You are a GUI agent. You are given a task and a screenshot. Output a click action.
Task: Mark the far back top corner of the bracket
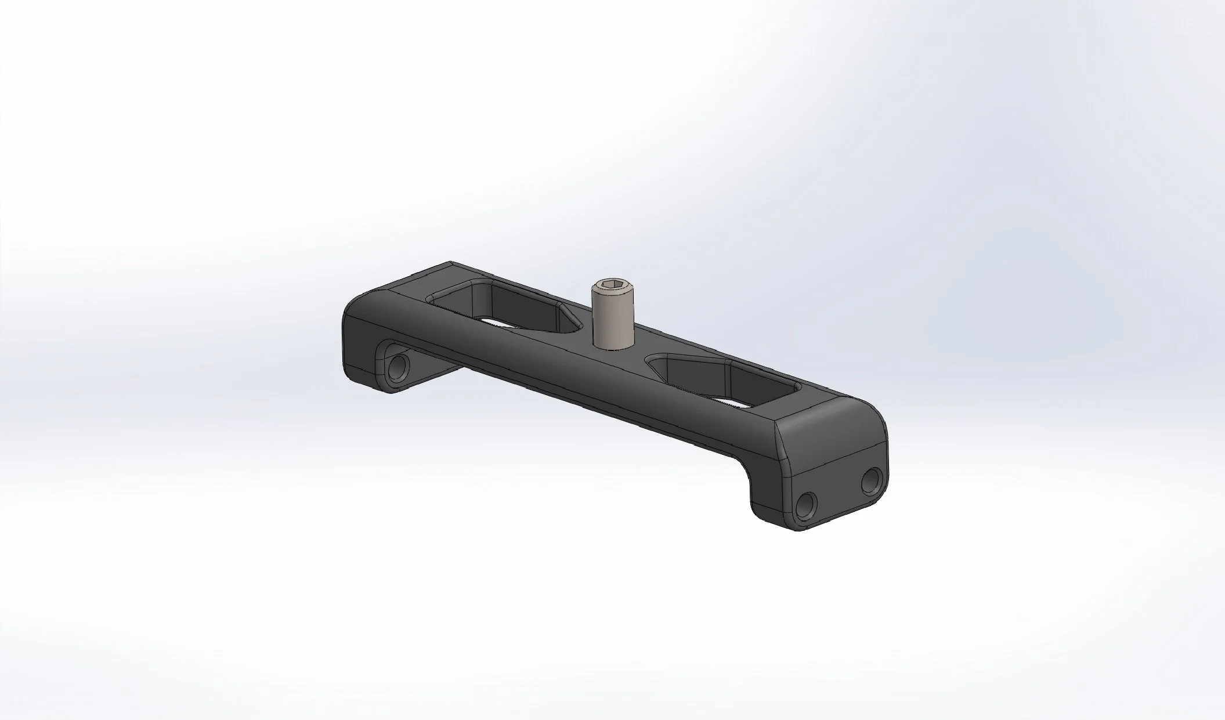[450, 263]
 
